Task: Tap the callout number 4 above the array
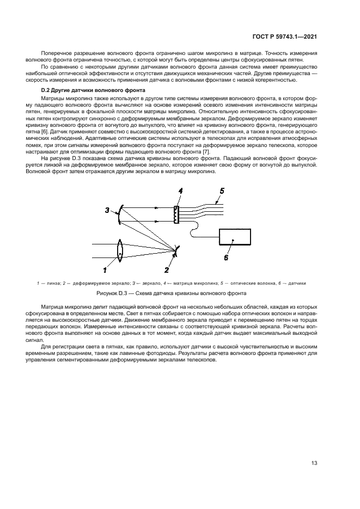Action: [x=180, y=191]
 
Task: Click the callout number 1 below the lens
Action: [x=105, y=269]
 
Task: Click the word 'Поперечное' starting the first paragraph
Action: [x=56, y=53]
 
